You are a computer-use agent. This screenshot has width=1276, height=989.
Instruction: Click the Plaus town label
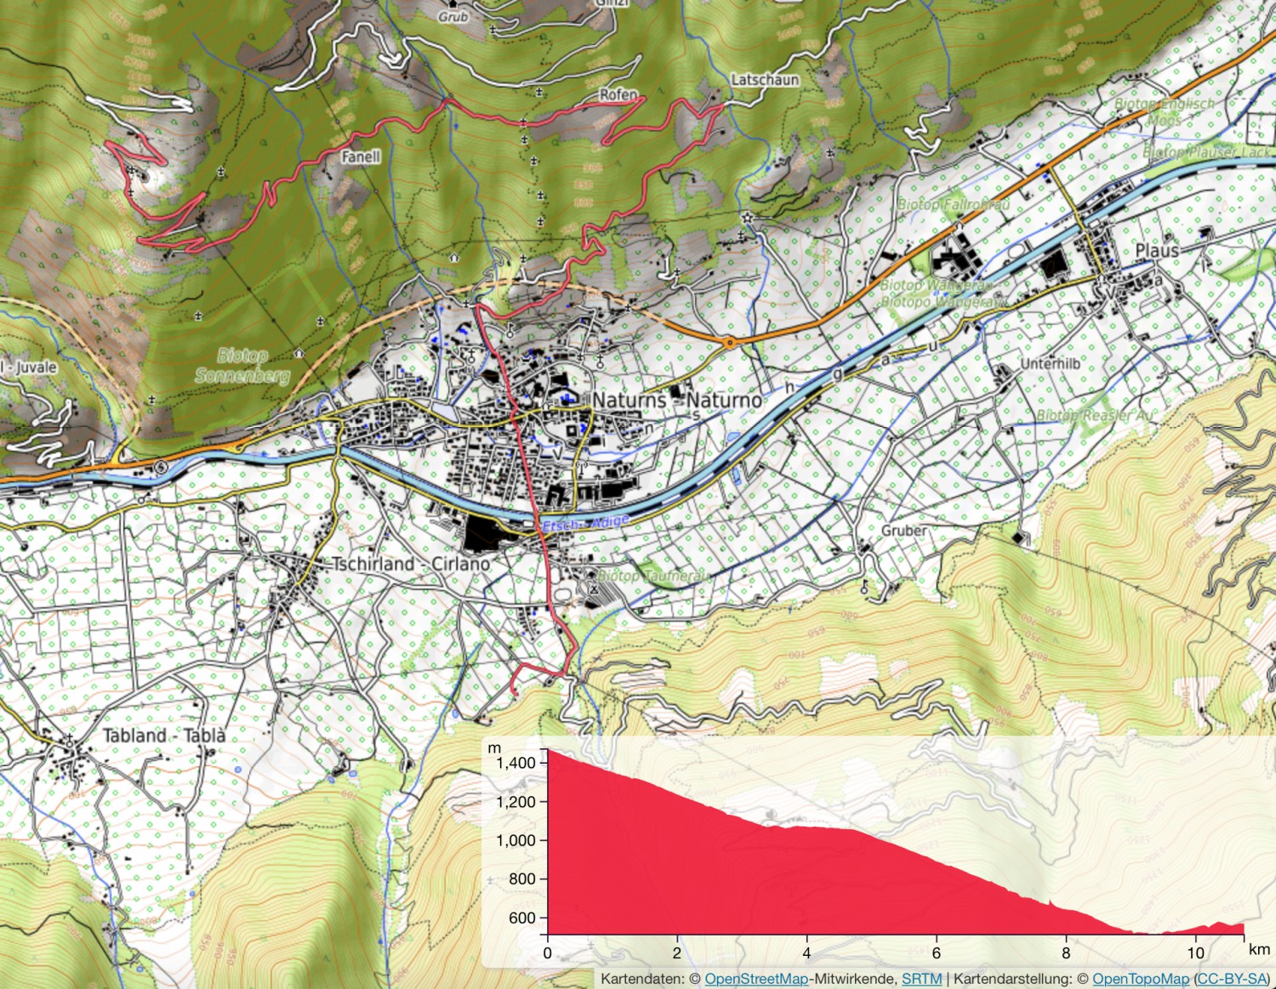(1157, 250)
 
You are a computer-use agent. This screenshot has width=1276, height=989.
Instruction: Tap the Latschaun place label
(765, 80)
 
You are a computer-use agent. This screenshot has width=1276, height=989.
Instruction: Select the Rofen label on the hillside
(618, 94)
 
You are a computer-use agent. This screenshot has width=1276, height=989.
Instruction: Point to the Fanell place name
(361, 156)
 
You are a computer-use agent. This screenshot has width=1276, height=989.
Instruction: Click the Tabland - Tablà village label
(164, 736)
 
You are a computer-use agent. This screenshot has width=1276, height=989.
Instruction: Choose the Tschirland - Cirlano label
(411, 564)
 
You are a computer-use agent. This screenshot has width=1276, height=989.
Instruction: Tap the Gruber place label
(903, 531)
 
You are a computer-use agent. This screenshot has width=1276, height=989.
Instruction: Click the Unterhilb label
(1050, 364)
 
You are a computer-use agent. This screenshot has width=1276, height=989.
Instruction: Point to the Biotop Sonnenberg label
(242, 366)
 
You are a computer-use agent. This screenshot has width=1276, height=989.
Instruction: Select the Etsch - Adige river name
(585, 523)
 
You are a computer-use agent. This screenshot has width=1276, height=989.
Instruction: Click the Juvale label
(34, 367)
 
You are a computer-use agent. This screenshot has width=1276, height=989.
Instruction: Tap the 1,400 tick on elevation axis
(516, 763)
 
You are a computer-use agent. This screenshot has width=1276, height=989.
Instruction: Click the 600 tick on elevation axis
(521, 918)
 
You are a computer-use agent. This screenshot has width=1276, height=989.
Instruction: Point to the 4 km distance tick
(806, 953)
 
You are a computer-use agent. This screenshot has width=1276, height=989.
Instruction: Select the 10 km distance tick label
(1195, 953)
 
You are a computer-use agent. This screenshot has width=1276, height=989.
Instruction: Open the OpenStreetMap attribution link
(755, 979)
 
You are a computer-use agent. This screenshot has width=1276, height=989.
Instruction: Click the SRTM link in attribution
(921, 979)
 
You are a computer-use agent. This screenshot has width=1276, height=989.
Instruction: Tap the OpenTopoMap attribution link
(1140, 979)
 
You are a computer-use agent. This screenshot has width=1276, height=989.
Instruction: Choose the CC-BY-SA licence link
(1232, 979)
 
